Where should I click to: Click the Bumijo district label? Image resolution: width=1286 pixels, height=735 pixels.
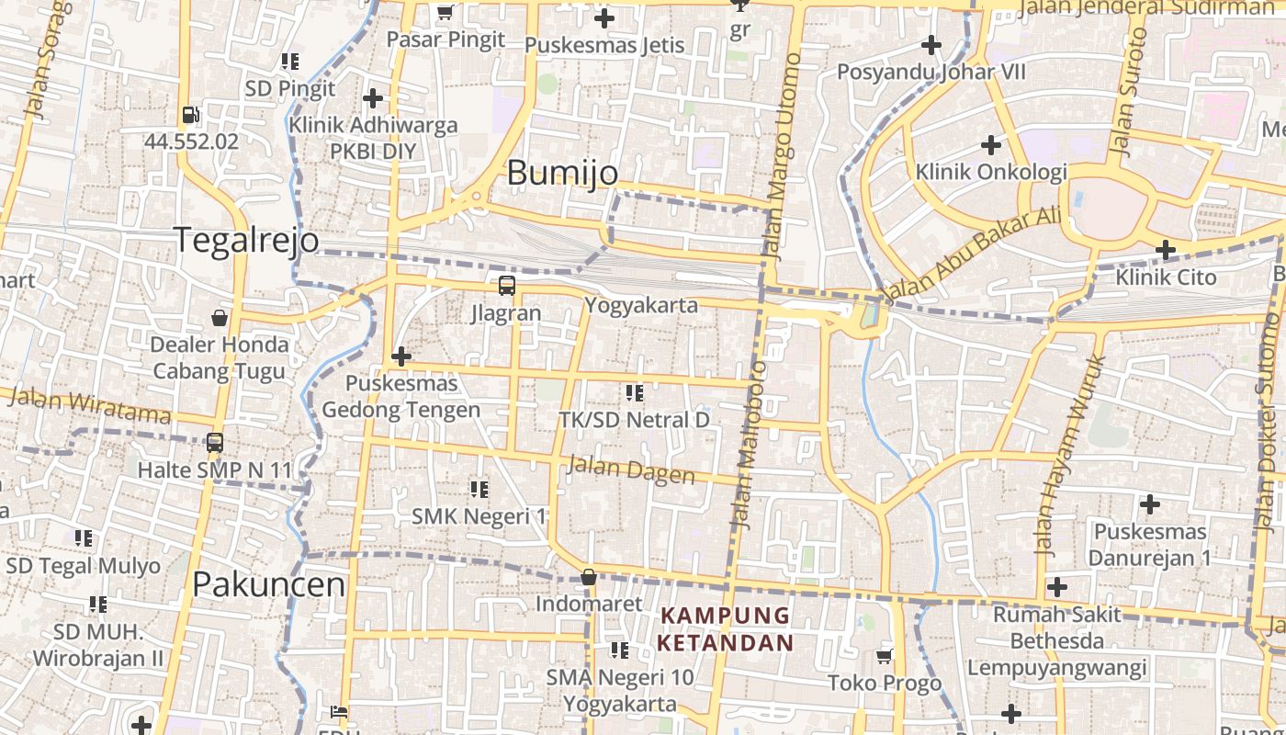(x=562, y=173)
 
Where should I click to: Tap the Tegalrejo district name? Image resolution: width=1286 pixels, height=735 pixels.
(x=246, y=240)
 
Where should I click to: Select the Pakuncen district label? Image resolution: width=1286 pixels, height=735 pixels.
(x=269, y=584)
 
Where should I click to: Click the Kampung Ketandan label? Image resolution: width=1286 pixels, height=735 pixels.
(x=725, y=628)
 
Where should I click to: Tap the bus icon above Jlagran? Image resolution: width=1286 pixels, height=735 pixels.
(x=506, y=286)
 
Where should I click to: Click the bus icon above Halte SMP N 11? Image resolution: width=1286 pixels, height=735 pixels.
(x=215, y=443)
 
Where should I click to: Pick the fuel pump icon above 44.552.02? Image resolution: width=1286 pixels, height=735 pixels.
(x=191, y=116)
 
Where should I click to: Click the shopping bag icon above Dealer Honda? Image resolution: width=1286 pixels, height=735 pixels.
(x=220, y=318)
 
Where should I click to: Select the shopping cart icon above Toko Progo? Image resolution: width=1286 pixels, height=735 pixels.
(x=885, y=656)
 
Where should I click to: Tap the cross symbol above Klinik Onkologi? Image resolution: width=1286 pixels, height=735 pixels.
(x=990, y=145)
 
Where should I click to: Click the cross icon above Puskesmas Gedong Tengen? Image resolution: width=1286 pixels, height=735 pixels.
(x=400, y=356)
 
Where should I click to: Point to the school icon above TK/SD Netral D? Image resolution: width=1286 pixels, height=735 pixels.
(x=634, y=393)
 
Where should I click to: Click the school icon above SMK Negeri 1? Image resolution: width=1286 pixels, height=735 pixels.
(x=479, y=489)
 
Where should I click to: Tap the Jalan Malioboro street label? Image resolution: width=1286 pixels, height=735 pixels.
(x=748, y=446)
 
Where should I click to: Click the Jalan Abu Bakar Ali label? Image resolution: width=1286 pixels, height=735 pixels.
(x=971, y=254)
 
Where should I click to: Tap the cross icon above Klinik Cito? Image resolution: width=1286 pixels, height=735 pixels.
(x=1165, y=250)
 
